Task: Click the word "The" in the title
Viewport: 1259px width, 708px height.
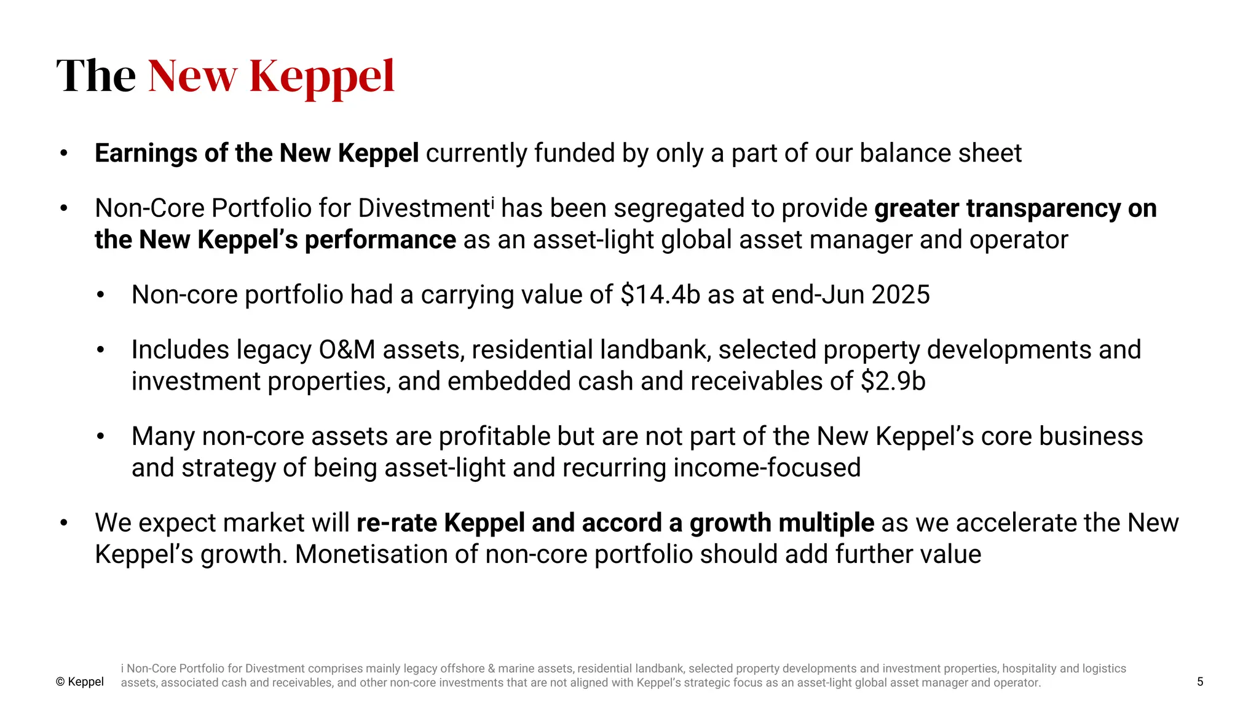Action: pos(96,76)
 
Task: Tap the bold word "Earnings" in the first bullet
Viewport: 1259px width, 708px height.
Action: pos(145,153)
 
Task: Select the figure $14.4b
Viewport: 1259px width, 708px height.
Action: pos(660,294)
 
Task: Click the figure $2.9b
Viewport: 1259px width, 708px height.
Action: pos(893,381)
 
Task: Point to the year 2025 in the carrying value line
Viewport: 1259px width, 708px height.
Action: pos(901,294)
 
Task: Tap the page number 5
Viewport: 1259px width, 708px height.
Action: pos(1200,682)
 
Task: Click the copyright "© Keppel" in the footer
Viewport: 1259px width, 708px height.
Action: pos(80,682)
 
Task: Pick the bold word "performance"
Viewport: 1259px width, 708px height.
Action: pos(381,240)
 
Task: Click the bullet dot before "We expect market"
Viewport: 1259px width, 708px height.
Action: pos(63,523)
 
